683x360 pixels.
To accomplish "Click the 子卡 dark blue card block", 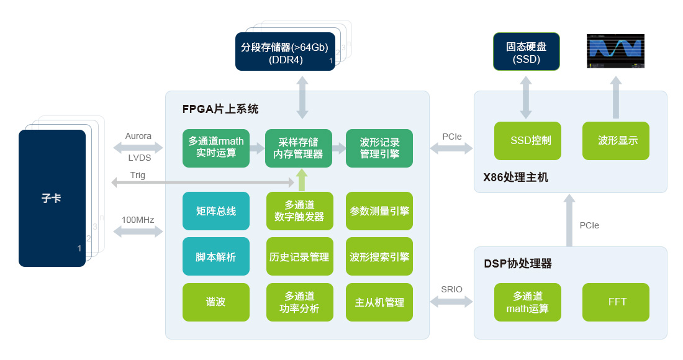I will coord(52,198).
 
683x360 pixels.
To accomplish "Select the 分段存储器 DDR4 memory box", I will coord(285,52).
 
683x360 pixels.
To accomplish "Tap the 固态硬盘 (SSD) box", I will coord(526,52).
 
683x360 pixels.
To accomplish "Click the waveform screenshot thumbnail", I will coord(615,51).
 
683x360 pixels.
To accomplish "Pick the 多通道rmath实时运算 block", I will coord(216,148).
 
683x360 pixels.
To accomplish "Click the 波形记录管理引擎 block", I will coord(379,148).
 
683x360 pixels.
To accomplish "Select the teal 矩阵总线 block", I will coord(216,211).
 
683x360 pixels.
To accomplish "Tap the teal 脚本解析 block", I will coord(216,256).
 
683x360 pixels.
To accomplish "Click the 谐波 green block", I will coord(216,302).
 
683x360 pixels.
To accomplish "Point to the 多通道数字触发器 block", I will coord(300,211).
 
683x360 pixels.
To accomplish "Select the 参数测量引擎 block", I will coord(379,211).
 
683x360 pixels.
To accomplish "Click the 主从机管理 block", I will coord(379,302).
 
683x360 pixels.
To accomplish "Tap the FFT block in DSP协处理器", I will coord(617,302).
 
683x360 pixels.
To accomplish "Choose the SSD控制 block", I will coord(527,141).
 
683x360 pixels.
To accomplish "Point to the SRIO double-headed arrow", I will coord(451,302).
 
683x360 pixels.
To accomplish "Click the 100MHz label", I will coord(138,220).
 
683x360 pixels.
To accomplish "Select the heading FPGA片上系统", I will coord(220,109).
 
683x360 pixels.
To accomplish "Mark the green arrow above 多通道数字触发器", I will coord(302,180).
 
